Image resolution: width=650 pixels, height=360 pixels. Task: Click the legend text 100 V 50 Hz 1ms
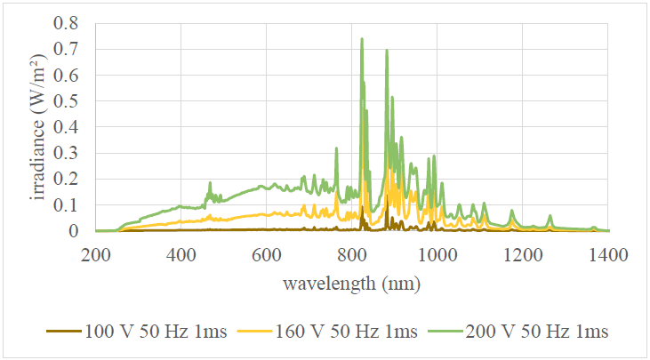click(157, 332)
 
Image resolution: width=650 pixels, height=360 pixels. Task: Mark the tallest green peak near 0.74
click(362, 39)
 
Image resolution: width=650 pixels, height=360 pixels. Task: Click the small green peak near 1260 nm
click(550, 216)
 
